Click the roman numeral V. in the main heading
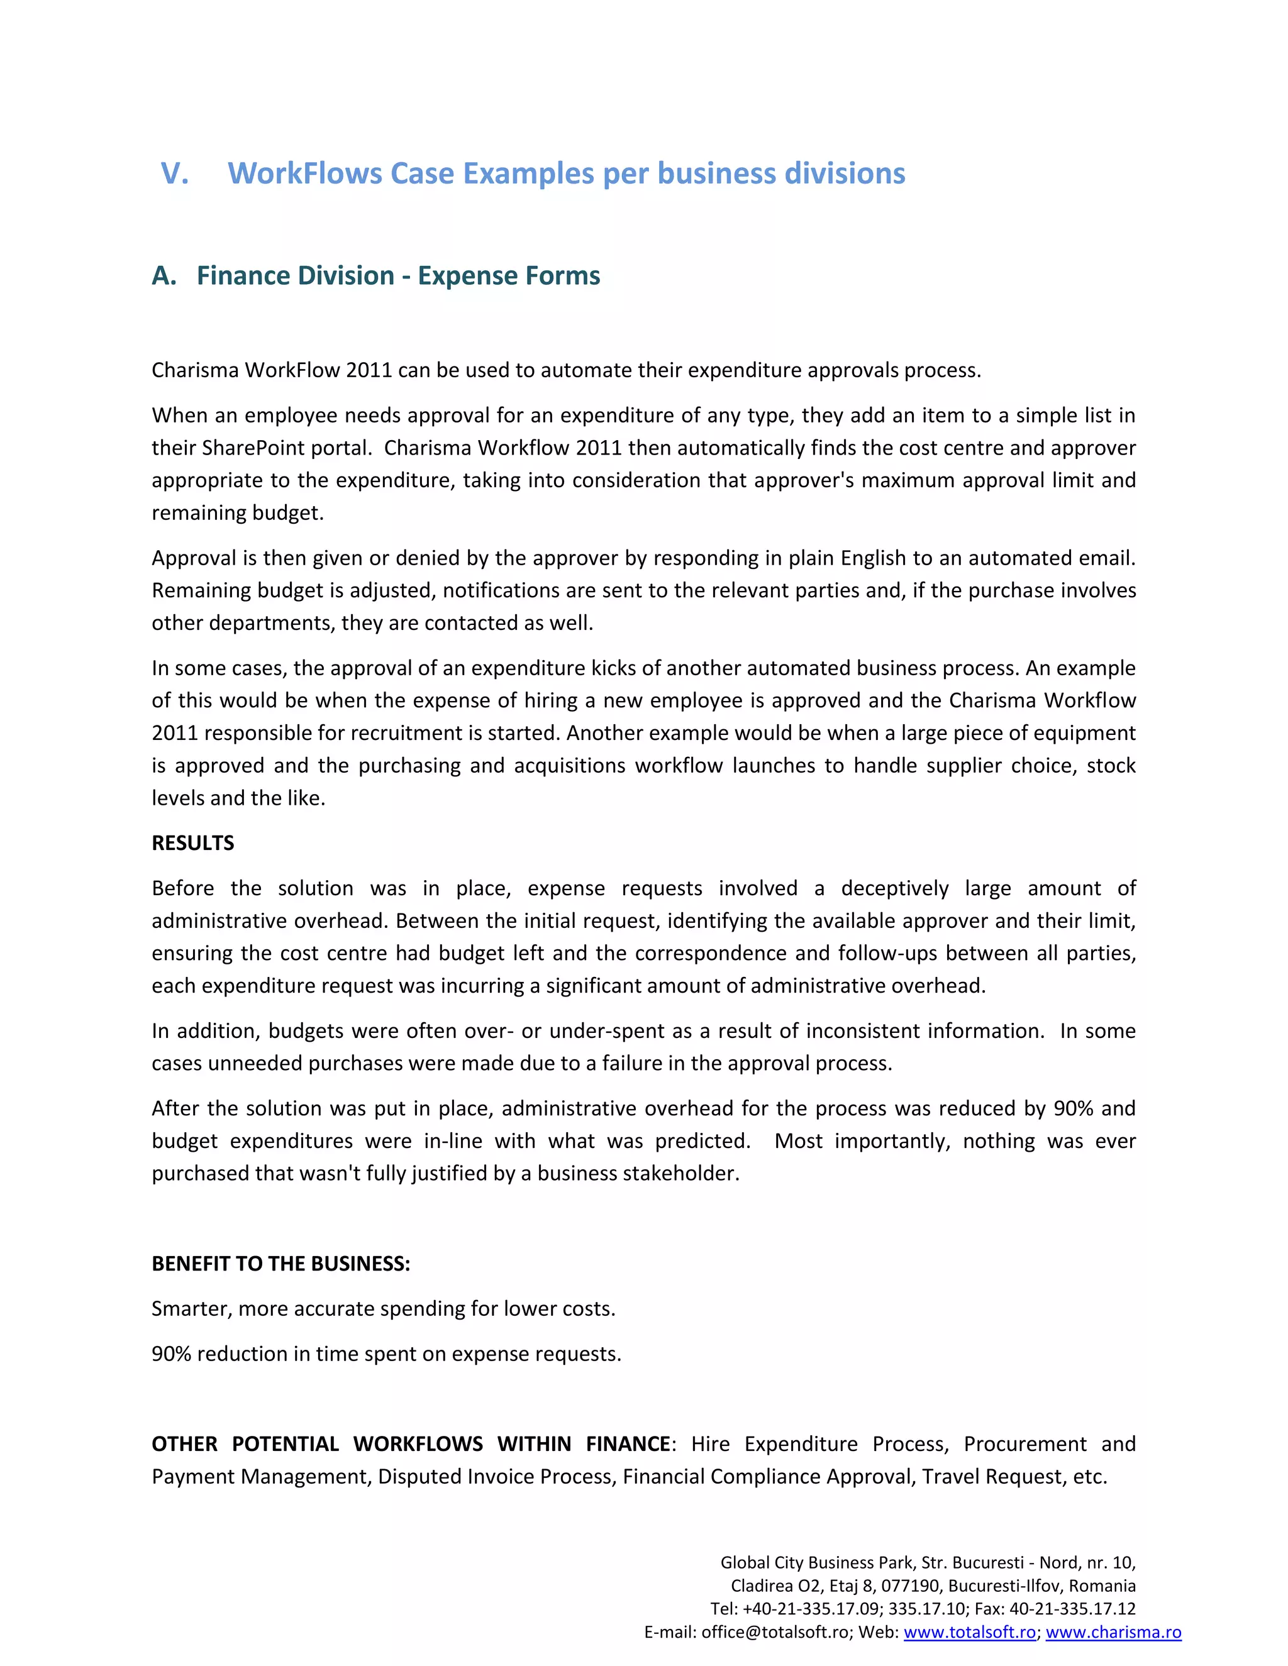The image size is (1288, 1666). point(175,174)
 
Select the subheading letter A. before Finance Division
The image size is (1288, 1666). point(164,275)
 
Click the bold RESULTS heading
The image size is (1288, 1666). point(192,843)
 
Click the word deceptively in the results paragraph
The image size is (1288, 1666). point(894,889)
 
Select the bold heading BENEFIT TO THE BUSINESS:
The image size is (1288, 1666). point(280,1264)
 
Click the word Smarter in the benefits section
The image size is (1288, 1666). point(192,1309)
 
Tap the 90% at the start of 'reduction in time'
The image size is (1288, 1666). point(171,1354)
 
